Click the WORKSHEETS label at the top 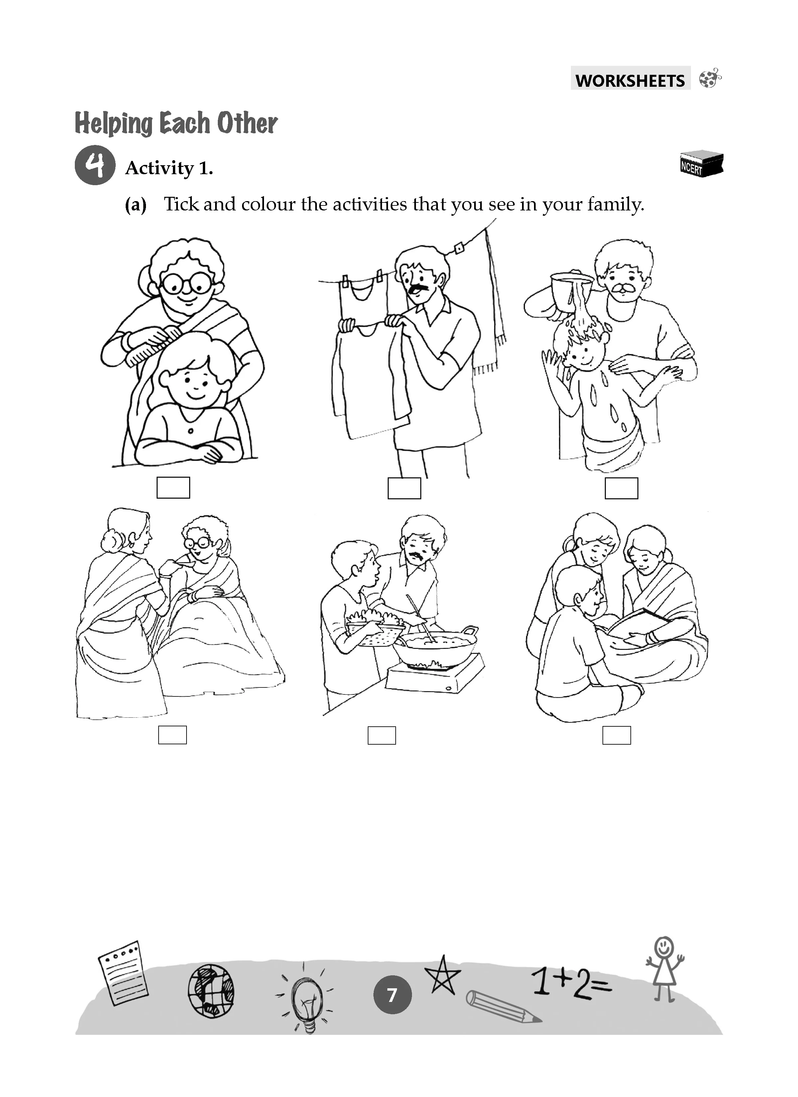[x=630, y=80]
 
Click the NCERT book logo [x=701, y=164]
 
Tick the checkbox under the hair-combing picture [x=173, y=488]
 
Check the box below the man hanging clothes [x=404, y=488]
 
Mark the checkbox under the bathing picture [x=621, y=488]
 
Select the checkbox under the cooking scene [x=382, y=735]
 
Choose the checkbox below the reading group [x=616, y=735]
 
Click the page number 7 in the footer [x=392, y=995]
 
